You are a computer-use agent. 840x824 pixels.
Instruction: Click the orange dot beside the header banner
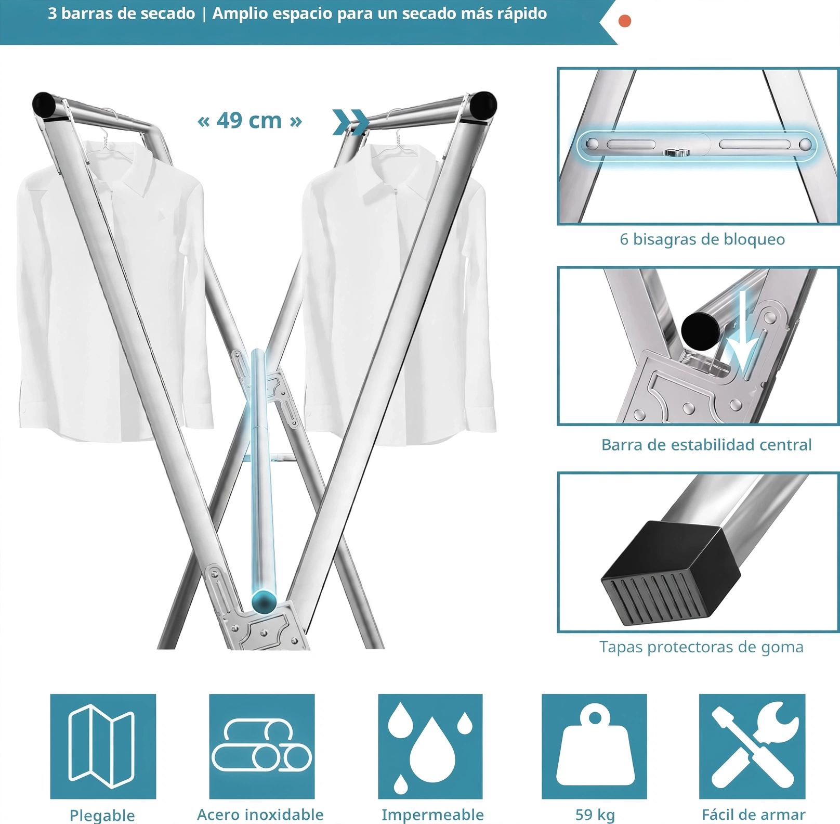coord(625,21)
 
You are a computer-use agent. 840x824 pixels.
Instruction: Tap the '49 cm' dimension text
coord(249,121)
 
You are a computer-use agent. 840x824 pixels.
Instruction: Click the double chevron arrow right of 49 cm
coord(350,122)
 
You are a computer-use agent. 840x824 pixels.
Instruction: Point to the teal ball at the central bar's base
coord(264,601)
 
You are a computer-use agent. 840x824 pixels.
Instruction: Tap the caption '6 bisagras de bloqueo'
coord(702,239)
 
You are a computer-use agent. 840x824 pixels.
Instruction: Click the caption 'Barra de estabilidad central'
coord(706,445)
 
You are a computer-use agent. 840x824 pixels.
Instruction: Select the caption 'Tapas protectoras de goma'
coord(701,647)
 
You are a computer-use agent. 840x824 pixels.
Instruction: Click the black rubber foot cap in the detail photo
coord(671,572)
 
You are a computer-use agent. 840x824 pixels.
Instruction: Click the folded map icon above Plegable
coord(103,746)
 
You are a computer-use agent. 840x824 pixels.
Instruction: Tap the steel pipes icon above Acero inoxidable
coord(262,746)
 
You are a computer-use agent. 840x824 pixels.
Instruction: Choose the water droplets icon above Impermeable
coord(430,746)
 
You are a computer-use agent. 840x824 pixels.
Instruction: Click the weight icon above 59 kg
coord(594,746)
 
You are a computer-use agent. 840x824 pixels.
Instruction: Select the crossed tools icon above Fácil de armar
coord(752,746)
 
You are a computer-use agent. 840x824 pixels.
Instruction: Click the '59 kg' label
coord(595,814)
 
